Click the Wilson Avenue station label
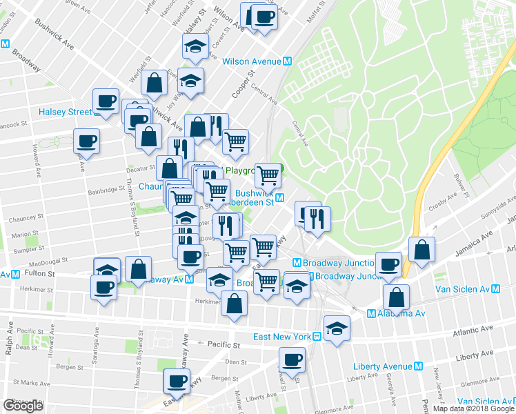(x=251, y=61)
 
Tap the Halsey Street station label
(x=65, y=112)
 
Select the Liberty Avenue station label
(x=383, y=366)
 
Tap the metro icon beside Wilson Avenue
(x=287, y=61)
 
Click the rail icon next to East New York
(x=315, y=337)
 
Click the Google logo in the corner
(x=23, y=406)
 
